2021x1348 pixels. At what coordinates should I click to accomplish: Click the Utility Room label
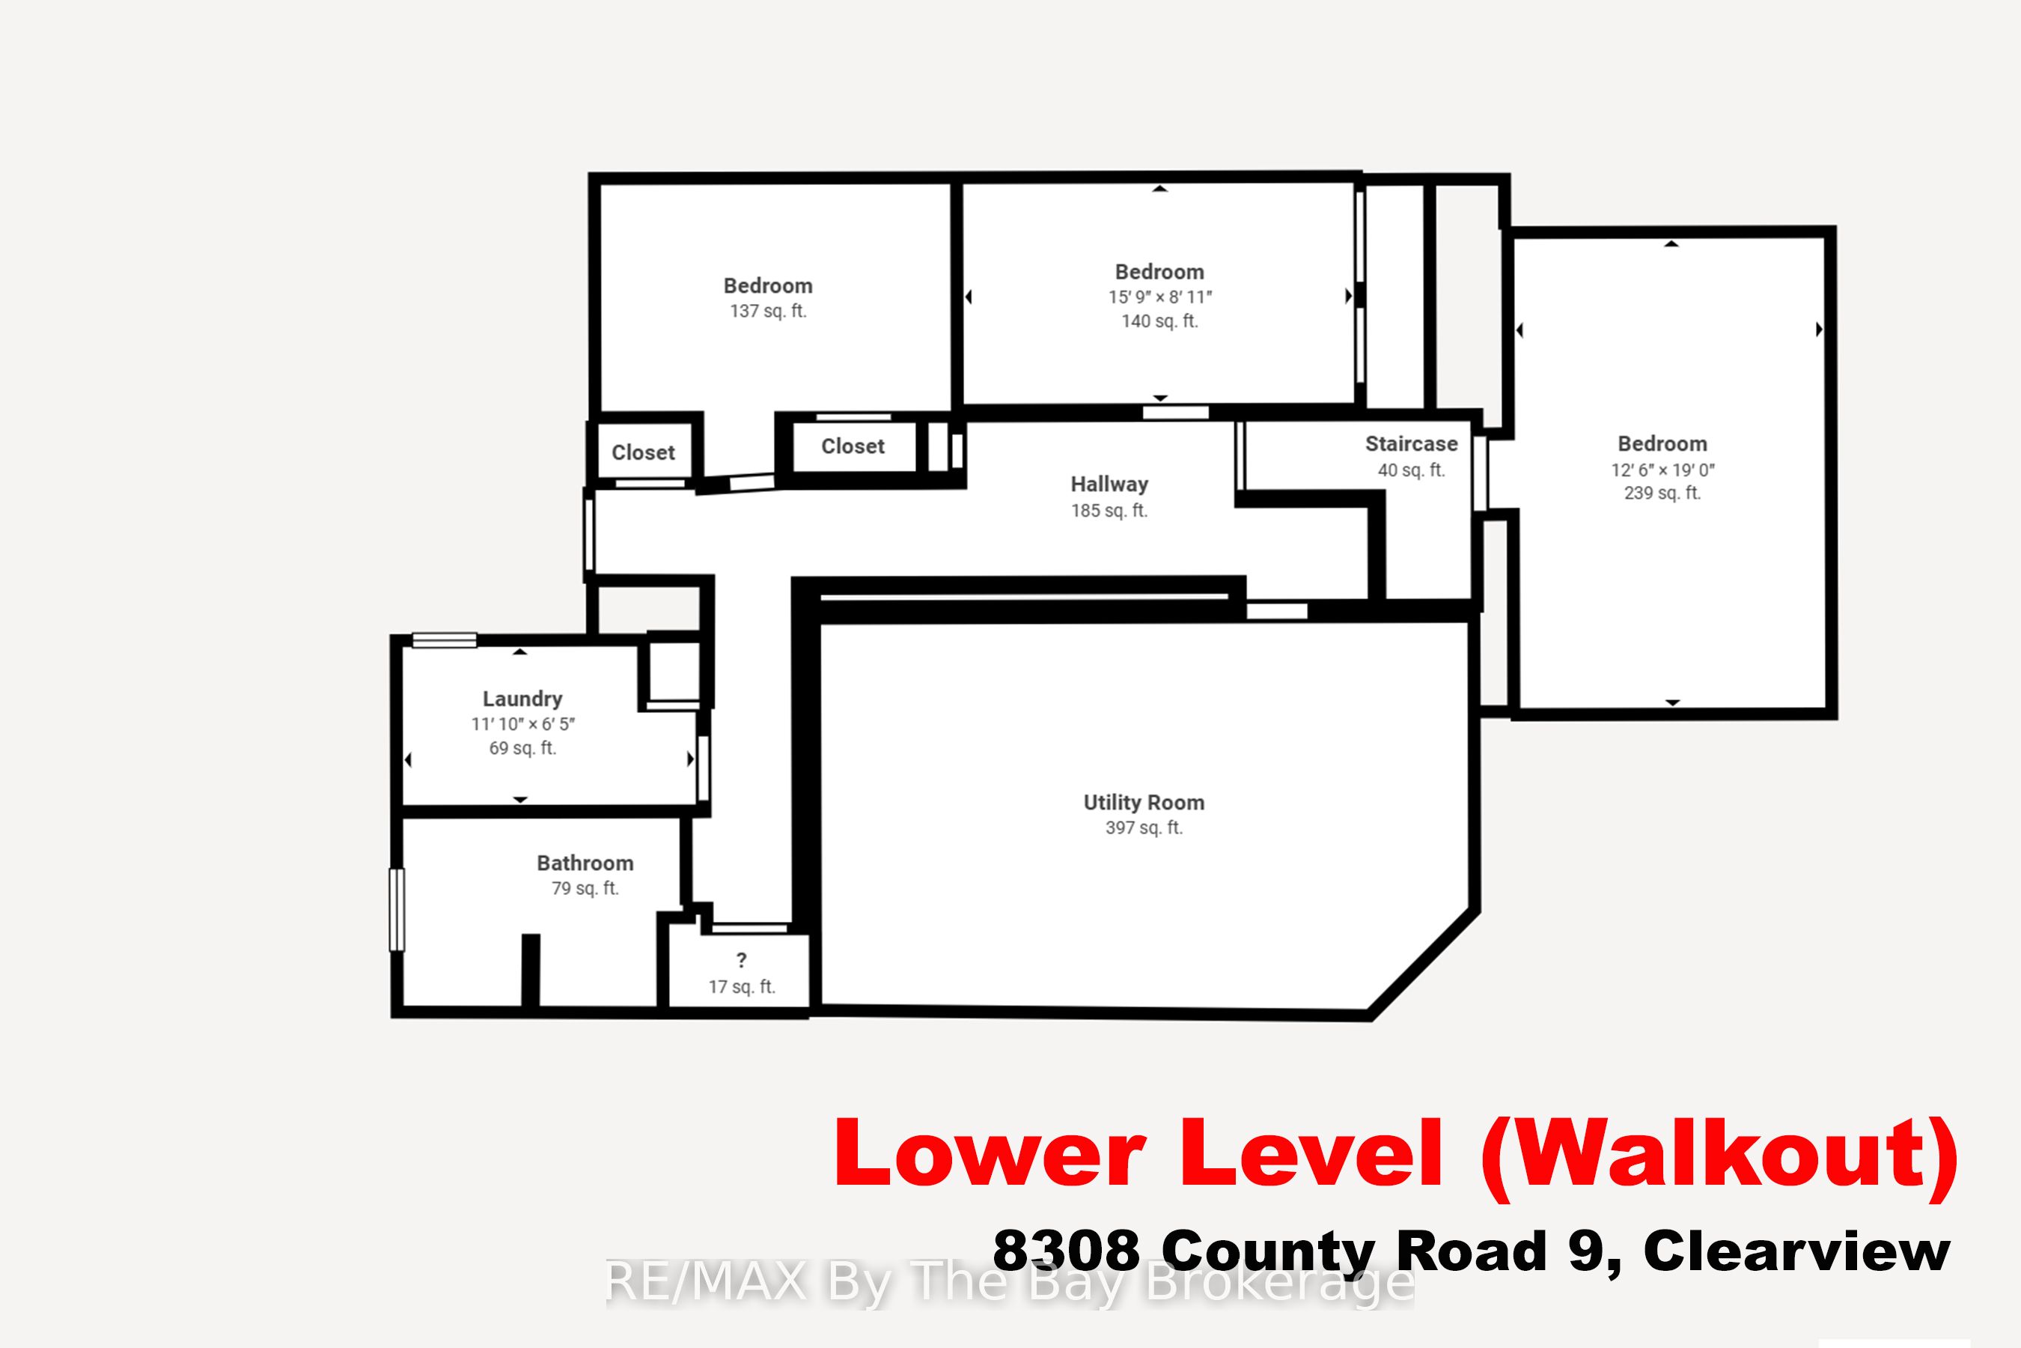coord(1144,803)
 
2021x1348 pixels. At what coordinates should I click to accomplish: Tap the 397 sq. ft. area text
coord(1144,828)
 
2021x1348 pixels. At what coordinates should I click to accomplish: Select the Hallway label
coord(1109,485)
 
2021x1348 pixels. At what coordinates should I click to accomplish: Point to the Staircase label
coord(1411,443)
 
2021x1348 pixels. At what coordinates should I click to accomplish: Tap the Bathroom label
coord(585,863)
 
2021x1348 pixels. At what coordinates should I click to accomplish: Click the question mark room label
coord(742,960)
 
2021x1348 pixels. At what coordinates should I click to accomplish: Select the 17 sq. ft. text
coord(742,987)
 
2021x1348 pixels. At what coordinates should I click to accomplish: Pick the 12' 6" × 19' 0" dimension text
coord(1662,470)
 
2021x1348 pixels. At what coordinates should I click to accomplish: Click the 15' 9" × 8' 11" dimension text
coord(1160,297)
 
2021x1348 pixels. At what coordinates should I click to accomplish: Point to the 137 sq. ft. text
coord(768,312)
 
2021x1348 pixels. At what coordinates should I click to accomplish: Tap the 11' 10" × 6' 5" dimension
coord(522,724)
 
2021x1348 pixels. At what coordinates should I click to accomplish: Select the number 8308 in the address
coord(1065,1251)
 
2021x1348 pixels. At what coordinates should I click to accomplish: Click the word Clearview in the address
coord(1796,1251)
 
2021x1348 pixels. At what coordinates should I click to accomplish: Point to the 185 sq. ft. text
coord(1109,511)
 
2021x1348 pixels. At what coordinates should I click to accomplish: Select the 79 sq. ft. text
coord(585,888)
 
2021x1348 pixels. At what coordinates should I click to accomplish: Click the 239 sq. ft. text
coord(1662,494)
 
